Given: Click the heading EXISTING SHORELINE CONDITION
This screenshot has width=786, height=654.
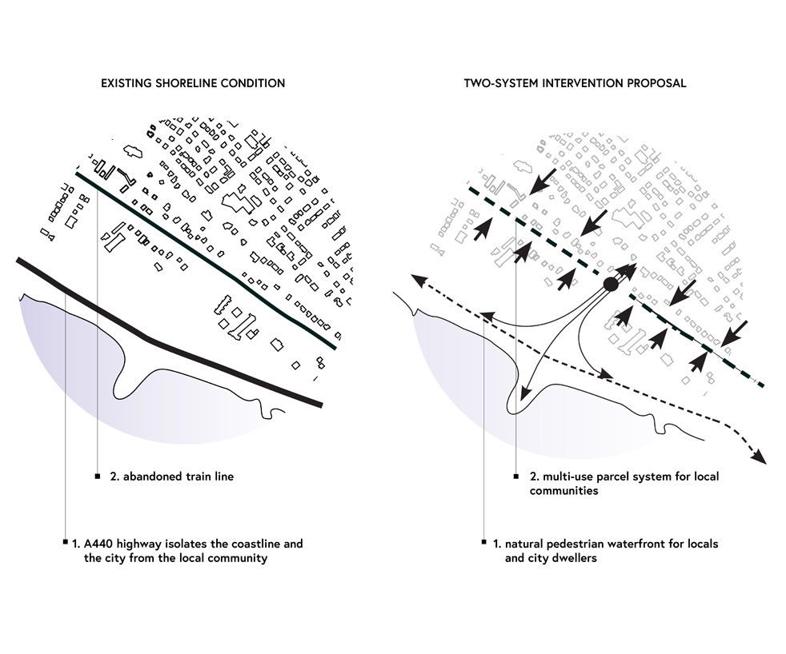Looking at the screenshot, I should (192, 83).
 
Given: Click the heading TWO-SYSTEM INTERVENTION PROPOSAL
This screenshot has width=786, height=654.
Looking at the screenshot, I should (575, 83).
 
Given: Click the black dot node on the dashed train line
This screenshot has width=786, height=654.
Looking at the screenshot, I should (610, 284).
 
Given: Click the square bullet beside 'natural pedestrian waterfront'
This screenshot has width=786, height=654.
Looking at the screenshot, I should (484, 542).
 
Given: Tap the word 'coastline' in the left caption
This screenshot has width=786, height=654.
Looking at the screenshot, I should (254, 544).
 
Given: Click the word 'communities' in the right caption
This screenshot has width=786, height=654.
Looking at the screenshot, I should (564, 491).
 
